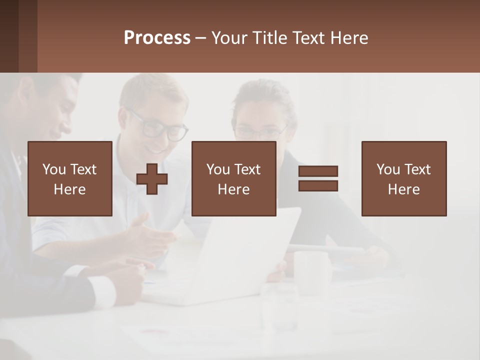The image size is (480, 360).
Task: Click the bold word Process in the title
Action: [x=157, y=38]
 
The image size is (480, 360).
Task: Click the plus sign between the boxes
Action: [x=152, y=179]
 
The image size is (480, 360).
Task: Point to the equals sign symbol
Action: [x=318, y=178]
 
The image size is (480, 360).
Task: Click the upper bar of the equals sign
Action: [x=318, y=171]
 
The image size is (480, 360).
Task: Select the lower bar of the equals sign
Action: [x=318, y=185]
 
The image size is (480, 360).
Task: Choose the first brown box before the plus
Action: [x=70, y=178]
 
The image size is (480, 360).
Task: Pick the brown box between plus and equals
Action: [x=233, y=178]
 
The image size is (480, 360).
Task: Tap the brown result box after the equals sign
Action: [x=403, y=178]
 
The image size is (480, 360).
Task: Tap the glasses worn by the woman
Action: [x=260, y=133]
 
